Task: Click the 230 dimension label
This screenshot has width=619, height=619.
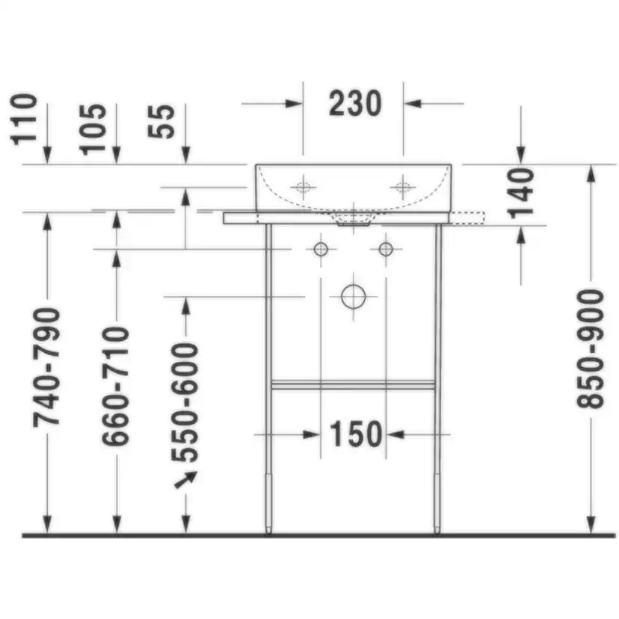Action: tap(355, 103)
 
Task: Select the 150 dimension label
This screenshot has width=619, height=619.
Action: tap(355, 434)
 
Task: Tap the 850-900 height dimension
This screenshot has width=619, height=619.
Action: tap(591, 348)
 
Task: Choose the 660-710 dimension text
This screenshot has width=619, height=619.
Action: tap(116, 387)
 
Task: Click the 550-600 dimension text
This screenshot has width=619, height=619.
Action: tap(185, 403)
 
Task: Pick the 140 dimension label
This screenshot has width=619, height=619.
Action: tap(521, 194)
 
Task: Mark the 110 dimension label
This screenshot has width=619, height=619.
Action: tap(24, 120)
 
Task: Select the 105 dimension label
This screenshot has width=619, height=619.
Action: tap(93, 129)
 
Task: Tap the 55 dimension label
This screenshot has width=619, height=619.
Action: tap(161, 121)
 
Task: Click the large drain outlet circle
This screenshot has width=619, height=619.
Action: tap(354, 297)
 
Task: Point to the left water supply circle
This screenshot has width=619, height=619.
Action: tap(321, 249)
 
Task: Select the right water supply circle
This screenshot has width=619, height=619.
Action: tap(386, 249)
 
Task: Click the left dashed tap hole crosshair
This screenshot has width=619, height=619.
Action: tap(304, 187)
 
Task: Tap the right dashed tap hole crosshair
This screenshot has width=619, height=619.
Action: tap(403, 187)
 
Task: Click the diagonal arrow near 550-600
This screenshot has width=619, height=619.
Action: tap(185, 480)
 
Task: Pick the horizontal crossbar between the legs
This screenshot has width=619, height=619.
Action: tap(354, 384)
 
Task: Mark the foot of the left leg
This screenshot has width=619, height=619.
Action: tap(268, 529)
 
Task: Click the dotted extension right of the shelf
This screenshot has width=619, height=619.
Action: tap(466, 218)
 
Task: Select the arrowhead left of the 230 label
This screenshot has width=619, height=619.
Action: tap(294, 103)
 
